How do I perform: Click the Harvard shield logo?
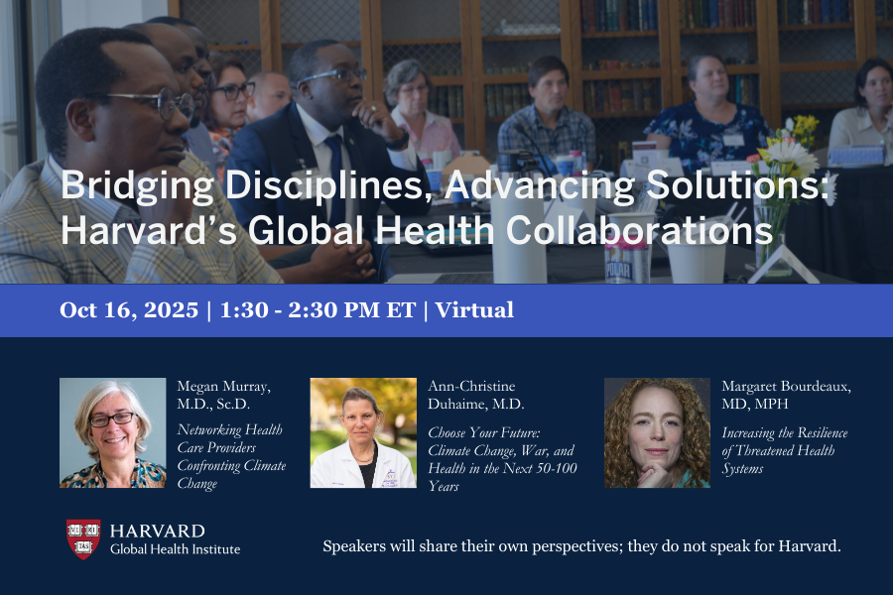click(83, 538)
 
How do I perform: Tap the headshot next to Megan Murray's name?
click(112, 432)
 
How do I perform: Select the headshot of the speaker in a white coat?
click(363, 432)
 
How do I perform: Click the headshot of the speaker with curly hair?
click(657, 432)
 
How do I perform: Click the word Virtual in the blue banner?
click(473, 309)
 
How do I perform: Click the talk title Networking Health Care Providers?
click(231, 456)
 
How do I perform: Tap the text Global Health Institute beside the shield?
click(175, 549)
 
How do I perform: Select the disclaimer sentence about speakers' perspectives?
click(581, 546)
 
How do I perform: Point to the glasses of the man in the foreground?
click(159, 101)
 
